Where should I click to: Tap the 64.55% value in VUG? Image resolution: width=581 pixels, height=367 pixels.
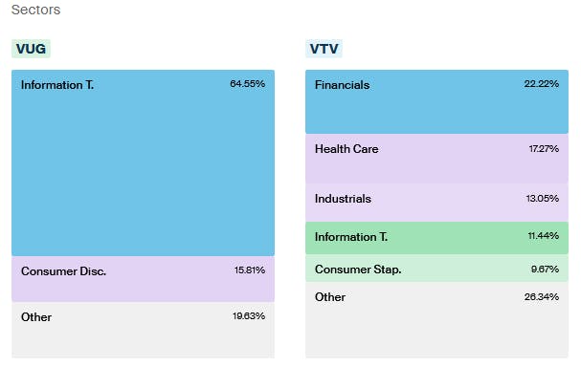pos(247,84)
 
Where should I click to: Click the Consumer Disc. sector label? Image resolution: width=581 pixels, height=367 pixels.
pos(63,270)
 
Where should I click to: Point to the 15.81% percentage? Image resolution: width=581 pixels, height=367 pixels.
pos(249,270)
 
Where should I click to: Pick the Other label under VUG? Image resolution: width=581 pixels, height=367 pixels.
pos(36,316)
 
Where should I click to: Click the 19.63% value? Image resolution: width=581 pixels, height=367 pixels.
pos(248,316)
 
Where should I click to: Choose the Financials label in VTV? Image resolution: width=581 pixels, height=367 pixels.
pos(342,85)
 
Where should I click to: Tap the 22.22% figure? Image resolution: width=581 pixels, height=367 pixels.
pos(542,85)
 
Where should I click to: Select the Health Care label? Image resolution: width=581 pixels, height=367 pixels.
pos(346,149)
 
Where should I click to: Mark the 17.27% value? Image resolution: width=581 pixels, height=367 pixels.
pos(543,149)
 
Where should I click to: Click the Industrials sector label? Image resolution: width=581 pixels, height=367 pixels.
pos(343,199)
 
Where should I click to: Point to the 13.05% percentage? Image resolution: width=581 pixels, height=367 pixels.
pos(542,199)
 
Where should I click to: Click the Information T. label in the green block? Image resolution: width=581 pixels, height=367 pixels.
pos(350,236)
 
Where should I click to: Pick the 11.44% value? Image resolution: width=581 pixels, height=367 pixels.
pos(543,236)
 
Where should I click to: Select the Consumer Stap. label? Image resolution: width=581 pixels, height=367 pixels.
pos(358,269)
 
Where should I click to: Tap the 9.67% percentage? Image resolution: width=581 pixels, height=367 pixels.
pos(545,269)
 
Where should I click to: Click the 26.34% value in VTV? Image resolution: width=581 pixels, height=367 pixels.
pos(542,297)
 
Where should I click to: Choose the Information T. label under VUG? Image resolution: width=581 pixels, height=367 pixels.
pos(57,84)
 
